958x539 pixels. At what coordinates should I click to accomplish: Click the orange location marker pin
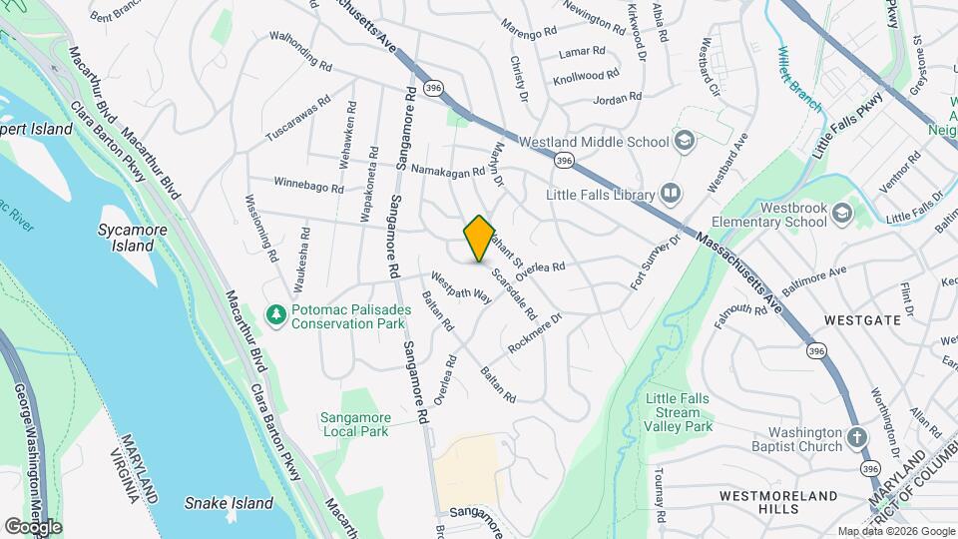coord(479,238)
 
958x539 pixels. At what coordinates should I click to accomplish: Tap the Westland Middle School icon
coord(684,140)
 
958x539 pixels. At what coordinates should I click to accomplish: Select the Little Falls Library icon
coord(670,194)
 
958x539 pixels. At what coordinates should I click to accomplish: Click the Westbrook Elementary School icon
coord(842,213)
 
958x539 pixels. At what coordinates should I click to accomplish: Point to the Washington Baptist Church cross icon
coord(857,438)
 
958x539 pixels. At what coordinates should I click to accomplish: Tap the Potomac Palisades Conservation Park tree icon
coord(275,315)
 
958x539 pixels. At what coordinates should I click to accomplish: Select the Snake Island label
coord(229,503)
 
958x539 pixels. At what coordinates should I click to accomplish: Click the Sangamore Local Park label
coord(354,424)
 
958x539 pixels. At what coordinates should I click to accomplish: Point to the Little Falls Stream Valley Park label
coord(679,412)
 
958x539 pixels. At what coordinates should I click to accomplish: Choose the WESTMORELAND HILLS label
coord(779,502)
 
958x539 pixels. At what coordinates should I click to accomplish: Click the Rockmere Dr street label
coord(536,333)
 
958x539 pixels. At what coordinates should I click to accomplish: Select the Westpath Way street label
coord(461,287)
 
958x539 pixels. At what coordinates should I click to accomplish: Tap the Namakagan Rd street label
coord(447,170)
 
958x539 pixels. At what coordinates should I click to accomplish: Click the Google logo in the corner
coord(33,526)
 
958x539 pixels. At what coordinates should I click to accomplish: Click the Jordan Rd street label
coord(617,99)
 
